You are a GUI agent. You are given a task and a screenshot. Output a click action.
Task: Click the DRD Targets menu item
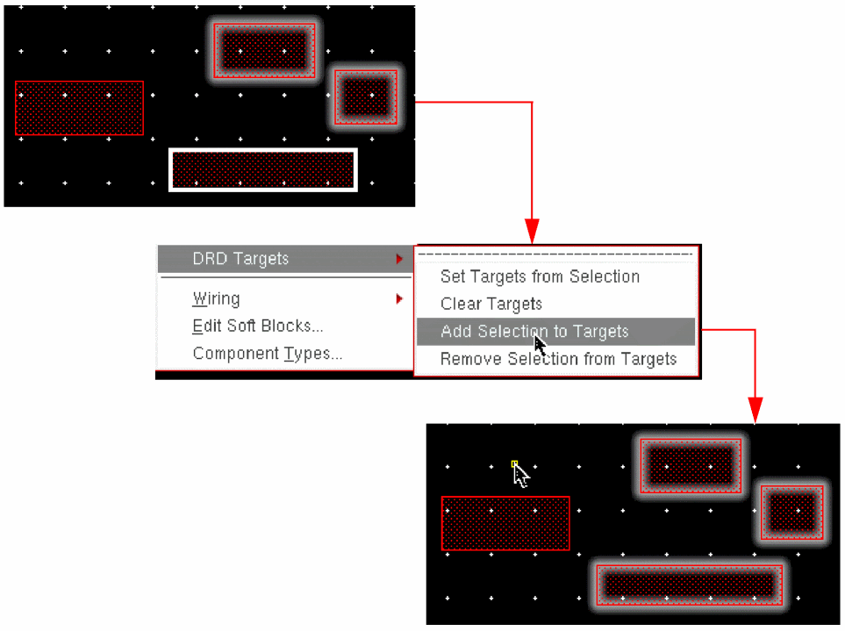[240, 259]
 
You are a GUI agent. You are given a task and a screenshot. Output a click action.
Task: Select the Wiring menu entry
[216, 298]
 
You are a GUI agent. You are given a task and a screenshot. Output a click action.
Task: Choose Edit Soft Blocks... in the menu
[258, 326]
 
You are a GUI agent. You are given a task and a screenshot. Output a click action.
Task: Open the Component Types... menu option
[268, 354]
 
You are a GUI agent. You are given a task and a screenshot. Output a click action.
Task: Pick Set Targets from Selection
[540, 276]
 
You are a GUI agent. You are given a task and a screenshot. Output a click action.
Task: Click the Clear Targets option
[491, 304]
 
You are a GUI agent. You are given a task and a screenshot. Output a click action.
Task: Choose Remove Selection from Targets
[558, 359]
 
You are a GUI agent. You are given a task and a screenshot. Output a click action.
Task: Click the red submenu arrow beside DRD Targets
[399, 259]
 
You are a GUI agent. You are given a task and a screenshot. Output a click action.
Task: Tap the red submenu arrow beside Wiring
[399, 298]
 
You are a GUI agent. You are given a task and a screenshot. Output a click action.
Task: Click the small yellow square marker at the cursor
[515, 463]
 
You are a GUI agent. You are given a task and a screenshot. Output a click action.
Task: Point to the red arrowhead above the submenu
[532, 232]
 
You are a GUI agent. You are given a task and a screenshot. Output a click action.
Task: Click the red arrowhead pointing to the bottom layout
[755, 411]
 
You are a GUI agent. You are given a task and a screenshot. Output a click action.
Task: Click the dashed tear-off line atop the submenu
[555, 254]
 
